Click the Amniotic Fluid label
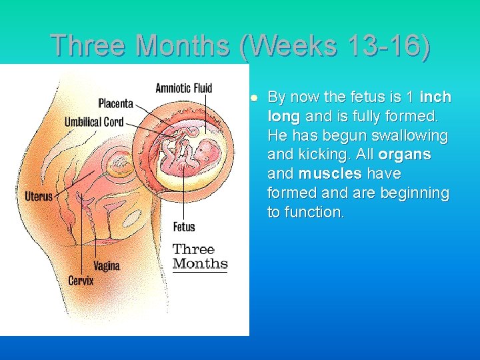coord(183,88)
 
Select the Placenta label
coord(115,103)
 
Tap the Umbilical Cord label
coord(93,122)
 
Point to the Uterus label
coord(39,197)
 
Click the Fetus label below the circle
coord(184,227)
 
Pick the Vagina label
coord(107,266)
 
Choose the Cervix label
coord(81,281)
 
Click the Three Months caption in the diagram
coord(200,257)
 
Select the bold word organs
coord(405,155)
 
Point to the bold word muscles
coord(330,174)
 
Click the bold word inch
coord(435,97)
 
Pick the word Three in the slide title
coord(90,45)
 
